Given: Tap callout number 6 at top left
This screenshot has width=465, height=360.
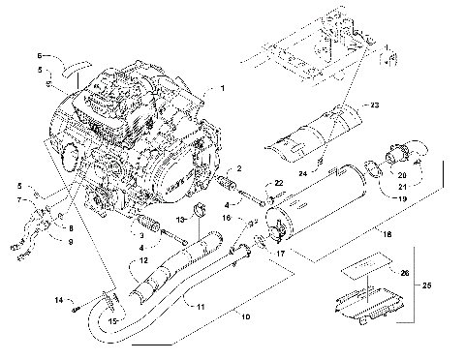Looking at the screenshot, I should [x=41, y=55].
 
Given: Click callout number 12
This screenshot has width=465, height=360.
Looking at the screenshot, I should [x=142, y=260].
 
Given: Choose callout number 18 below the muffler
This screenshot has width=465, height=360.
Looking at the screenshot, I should [x=362, y=234].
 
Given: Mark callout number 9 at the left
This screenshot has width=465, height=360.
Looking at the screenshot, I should [x=70, y=241].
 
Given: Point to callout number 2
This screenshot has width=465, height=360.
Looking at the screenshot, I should [x=239, y=169].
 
